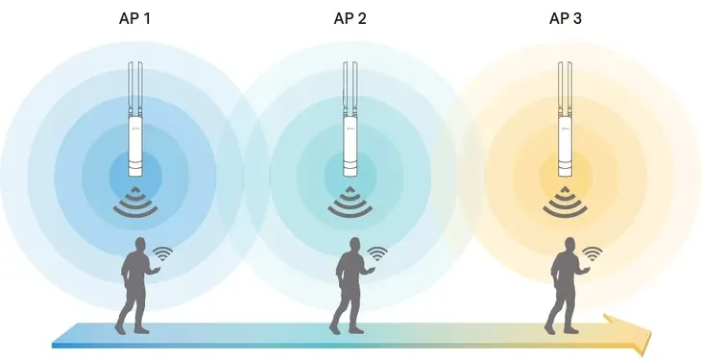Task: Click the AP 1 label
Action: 135,19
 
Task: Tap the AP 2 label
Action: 350,19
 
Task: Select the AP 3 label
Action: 566,19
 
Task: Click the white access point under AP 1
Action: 135,119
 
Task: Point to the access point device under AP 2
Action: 350,119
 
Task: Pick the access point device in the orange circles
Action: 565,119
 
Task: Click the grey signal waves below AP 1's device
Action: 135,202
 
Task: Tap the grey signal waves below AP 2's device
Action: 350,202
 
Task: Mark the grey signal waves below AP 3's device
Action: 565,202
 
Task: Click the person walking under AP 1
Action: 135,286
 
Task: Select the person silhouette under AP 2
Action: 350,286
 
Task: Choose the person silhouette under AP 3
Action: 566,286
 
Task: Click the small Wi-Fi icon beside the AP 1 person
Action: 162,253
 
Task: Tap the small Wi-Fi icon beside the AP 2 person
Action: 377,253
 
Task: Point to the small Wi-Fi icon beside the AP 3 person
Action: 592,253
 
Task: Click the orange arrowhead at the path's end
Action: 631,332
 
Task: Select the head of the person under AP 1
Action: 140,245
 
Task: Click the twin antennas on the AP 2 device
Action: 350,88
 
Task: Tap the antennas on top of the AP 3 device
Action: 565,88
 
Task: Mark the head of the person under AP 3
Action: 570,245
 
